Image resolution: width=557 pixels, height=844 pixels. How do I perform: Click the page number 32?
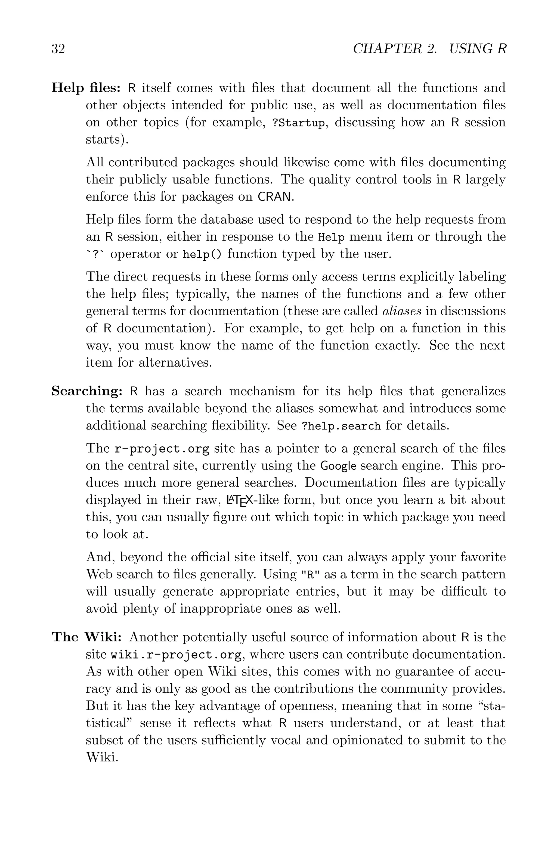pos(58,49)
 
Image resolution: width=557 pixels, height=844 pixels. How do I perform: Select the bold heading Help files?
pos(86,88)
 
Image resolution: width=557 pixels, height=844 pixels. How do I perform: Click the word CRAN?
pos(275,197)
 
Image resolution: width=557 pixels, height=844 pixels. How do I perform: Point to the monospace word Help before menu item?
pos(331,237)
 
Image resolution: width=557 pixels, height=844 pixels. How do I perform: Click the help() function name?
pos(202,254)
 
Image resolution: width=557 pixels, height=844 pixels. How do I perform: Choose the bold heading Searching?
pos(87,391)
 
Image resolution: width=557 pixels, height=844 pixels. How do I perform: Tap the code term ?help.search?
pos(341,426)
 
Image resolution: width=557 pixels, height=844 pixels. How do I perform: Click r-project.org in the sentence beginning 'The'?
pos(162,449)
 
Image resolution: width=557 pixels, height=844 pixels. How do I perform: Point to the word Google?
pos(338,466)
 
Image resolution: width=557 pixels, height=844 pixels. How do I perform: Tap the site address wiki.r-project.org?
pos(177,655)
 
